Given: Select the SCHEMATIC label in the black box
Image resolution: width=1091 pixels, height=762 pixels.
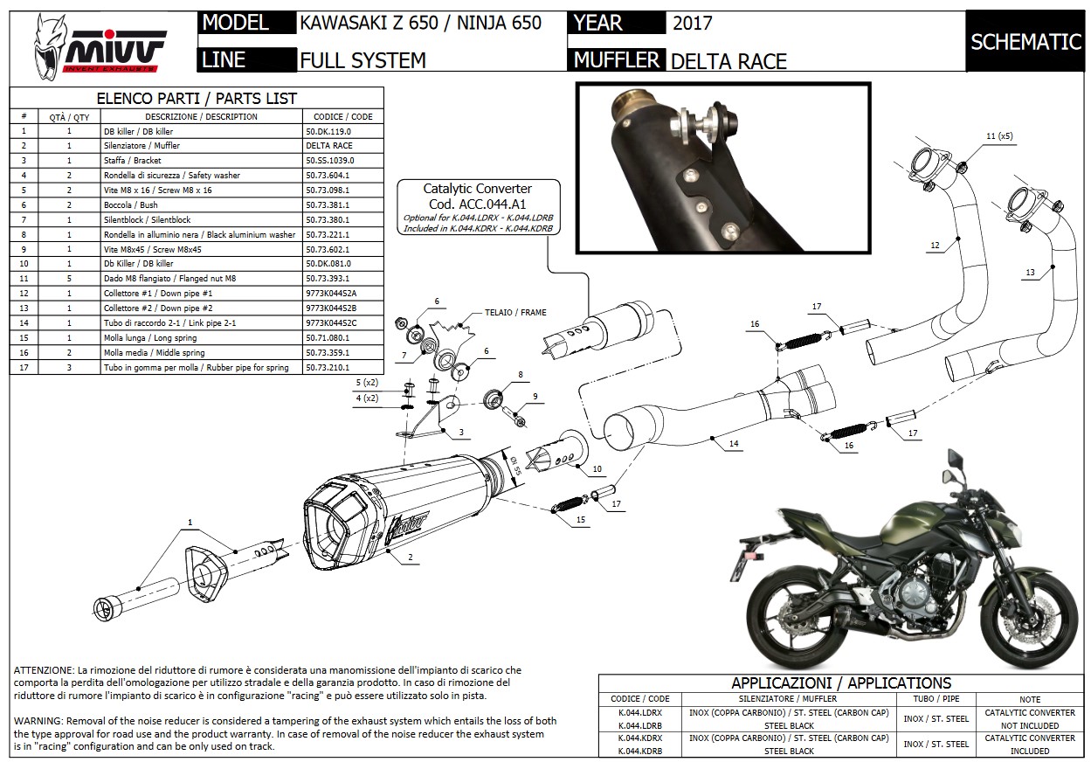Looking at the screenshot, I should tap(1025, 42).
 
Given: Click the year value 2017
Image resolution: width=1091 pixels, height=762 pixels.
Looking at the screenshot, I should tap(692, 24).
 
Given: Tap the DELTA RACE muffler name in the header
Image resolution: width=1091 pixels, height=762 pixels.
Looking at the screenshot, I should tap(728, 60).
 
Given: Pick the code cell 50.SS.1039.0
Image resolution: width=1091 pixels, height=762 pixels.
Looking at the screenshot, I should tap(330, 161).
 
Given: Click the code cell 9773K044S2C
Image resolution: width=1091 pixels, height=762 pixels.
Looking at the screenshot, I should tap(332, 323).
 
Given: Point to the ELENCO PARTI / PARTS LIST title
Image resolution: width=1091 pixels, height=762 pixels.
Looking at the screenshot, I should tap(196, 99).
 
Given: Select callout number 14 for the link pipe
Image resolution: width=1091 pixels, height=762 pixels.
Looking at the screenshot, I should tap(734, 444).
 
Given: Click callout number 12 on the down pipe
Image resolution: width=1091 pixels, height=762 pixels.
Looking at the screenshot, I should tap(935, 246).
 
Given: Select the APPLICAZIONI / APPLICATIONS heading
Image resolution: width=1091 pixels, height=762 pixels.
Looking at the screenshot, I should tap(841, 683).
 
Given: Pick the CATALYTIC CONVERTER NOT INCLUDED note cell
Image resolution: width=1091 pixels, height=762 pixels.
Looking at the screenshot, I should tap(1029, 719).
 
